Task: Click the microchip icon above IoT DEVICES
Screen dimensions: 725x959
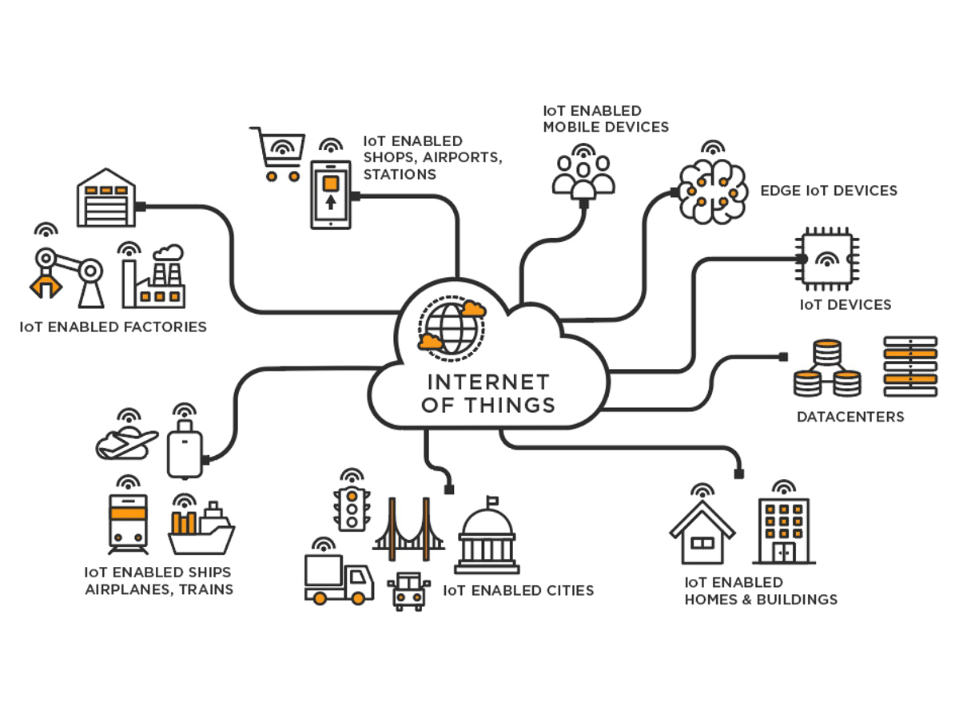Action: (826, 260)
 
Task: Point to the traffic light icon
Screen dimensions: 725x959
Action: (350, 508)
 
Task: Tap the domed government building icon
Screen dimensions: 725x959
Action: (486, 539)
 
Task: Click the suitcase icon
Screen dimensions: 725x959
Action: (185, 451)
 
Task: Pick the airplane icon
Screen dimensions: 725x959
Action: (126, 443)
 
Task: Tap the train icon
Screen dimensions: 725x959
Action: (128, 522)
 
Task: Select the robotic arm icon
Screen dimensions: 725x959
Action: (66, 275)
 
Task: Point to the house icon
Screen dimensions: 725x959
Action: (702, 533)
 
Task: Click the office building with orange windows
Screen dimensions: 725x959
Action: (784, 530)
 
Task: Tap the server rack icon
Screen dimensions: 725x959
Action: (909, 367)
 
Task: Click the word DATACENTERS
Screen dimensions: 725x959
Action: (850, 417)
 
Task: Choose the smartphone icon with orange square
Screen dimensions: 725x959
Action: (331, 194)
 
